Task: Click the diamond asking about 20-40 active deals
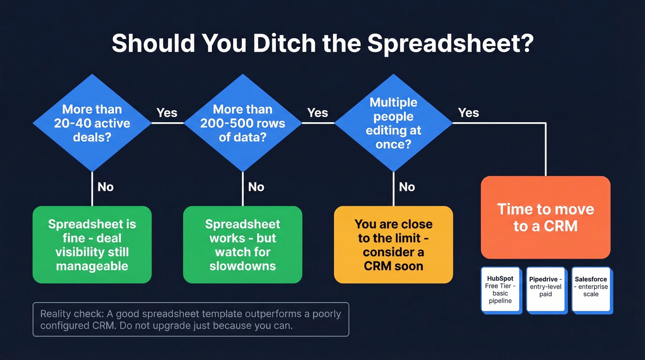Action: (x=92, y=123)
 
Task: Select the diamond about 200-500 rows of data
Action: (x=243, y=123)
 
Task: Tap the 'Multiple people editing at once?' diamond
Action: (x=393, y=123)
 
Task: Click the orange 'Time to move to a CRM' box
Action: (x=545, y=217)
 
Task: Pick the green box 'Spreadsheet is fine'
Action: (x=92, y=244)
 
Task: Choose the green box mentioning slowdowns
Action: (x=243, y=244)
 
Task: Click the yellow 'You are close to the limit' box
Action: (x=393, y=244)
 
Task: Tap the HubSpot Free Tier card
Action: (x=500, y=290)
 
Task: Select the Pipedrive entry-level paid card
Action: (x=545, y=290)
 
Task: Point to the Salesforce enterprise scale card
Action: (x=591, y=290)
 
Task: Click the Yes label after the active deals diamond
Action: (x=167, y=113)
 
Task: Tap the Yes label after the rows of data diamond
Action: (x=317, y=113)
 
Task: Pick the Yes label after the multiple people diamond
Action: (x=469, y=113)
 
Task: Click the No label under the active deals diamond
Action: (x=106, y=187)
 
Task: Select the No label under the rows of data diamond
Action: (x=256, y=187)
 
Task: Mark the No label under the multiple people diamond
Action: (x=407, y=187)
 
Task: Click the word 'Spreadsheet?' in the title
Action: (x=451, y=44)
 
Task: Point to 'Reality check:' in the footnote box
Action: (x=72, y=314)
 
